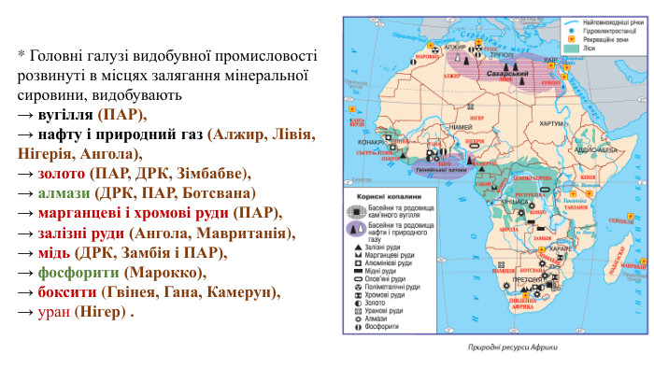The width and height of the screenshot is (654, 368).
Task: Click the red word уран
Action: coord(54,311)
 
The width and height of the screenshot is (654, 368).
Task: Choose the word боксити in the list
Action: coord(71,291)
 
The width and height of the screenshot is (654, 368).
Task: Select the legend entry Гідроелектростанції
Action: coord(611,31)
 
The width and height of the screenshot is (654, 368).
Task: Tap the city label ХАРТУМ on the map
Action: coord(551,122)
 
